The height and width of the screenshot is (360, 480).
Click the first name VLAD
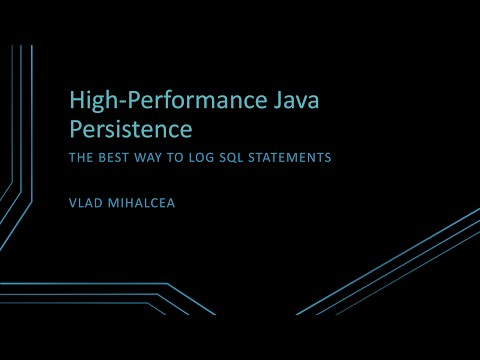point(86,201)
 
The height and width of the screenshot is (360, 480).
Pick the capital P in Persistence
point(75,129)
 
